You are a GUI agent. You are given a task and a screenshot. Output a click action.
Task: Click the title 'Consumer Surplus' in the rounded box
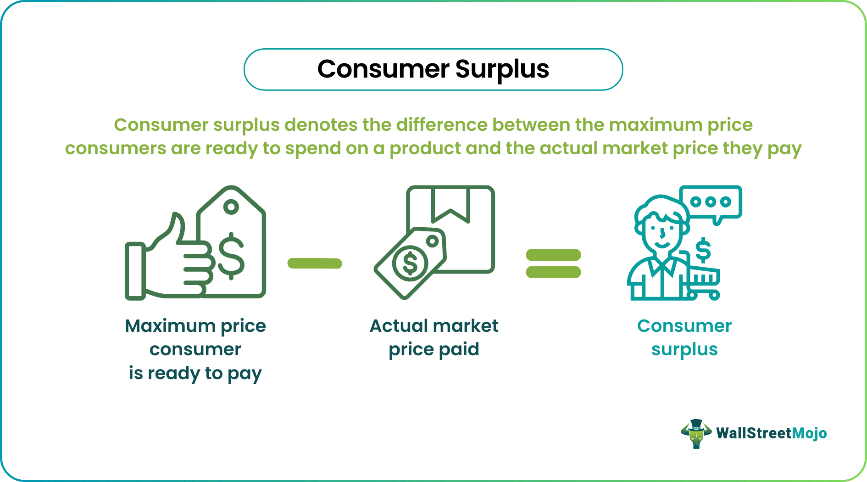[x=433, y=69]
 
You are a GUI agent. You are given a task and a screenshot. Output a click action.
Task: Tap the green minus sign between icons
[x=315, y=263]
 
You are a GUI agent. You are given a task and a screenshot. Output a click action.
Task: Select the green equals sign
[x=553, y=263]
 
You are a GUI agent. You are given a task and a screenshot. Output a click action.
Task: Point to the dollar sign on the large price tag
[x=231, y=256]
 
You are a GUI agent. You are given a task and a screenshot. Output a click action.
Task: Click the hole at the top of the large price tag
[x=231, y=207]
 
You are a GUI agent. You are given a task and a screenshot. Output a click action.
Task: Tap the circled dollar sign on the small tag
[x=410, y=263]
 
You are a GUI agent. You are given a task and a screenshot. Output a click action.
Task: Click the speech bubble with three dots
[x=711, y=202]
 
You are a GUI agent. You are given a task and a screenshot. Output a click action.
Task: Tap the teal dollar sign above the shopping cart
[x=703, y=250]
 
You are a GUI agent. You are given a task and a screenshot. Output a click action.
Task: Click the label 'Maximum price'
[x=195, y=326]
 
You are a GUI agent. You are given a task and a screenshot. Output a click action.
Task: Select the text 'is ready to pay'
[x=195, y=373]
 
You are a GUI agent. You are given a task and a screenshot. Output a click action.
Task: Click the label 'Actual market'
[x=434, y=326]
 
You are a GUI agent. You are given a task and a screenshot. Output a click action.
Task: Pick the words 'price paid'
[x=434, y=349]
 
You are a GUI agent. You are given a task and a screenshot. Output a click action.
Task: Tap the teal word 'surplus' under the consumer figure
[x=684, y=349]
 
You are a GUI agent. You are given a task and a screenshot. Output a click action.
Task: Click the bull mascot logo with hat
[x=696, y=433]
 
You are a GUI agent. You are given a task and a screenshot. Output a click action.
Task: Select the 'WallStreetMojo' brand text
[x=771, y=433]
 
